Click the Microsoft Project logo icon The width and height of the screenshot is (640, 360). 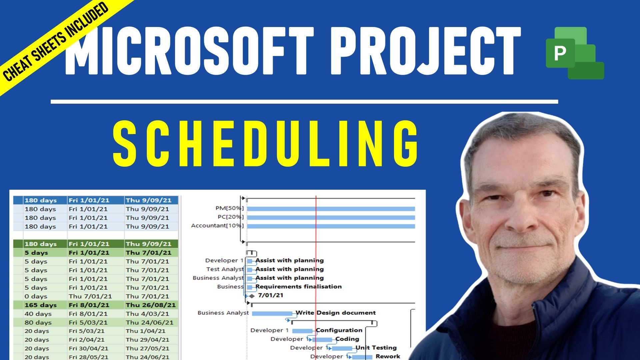(x=575, y=53)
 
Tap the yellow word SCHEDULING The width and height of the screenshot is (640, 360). (x=266, y=144)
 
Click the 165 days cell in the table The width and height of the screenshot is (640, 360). (x=40, y=305)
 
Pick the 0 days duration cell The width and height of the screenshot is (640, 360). (x=36, y=296)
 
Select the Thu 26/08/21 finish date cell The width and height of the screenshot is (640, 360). (x=151, y=305)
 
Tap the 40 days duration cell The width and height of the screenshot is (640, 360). (x=38, y=314)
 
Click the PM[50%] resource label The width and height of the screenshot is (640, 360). (x=230, y=208)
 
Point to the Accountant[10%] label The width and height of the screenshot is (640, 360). (x=217, y=226)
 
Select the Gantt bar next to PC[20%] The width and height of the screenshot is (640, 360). (x=331, y=217)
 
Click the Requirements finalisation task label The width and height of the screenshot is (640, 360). (x=299, y=286)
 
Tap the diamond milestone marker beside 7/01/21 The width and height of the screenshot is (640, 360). (x=252, y=296)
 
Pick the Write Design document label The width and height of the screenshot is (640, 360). (x=336, y=313)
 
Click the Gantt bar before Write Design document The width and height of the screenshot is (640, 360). (x=272, y=313)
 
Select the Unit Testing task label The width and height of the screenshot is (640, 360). (x=376, y=348)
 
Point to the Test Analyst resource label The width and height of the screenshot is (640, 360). (x=225, y=269)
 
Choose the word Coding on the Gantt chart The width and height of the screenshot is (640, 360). (x=347, y=339)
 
